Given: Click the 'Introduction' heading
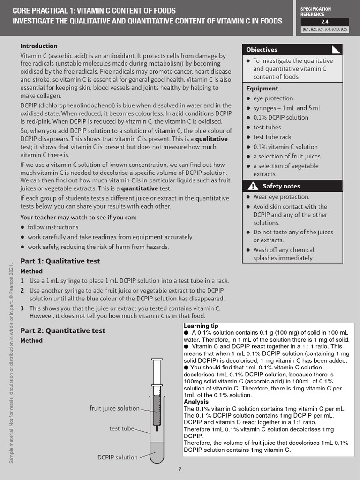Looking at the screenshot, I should (x=39, y=46).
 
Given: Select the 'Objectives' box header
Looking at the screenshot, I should (x=262, y=50).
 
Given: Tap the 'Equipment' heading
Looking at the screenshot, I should (x=262, y=88).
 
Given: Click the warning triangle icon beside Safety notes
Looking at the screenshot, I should (x=252, y=186).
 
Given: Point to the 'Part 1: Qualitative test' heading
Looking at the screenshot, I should (x=60, y=261).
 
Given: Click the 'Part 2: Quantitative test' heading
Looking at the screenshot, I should (x=63, y=330).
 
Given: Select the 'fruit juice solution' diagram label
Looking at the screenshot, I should (x=114, y=408).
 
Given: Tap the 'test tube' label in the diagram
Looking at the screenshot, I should (x=121, y=428).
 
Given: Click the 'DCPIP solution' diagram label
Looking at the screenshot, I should (x=117, y=457).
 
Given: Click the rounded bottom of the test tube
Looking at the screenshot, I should (x=157, y=463).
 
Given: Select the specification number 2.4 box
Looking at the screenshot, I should (x=324, y=22).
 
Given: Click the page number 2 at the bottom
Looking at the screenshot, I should (x=180, y=469).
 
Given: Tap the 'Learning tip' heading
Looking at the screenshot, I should (x=201, y=326).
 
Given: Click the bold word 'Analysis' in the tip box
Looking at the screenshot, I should (x=196, y=402).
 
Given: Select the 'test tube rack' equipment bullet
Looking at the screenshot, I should (x=272, y=137).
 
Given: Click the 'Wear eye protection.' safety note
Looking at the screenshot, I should (x=281, y=197).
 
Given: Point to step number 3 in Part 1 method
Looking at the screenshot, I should (x=22, y=308).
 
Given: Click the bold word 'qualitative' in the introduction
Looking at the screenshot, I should (x=211, y=139).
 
